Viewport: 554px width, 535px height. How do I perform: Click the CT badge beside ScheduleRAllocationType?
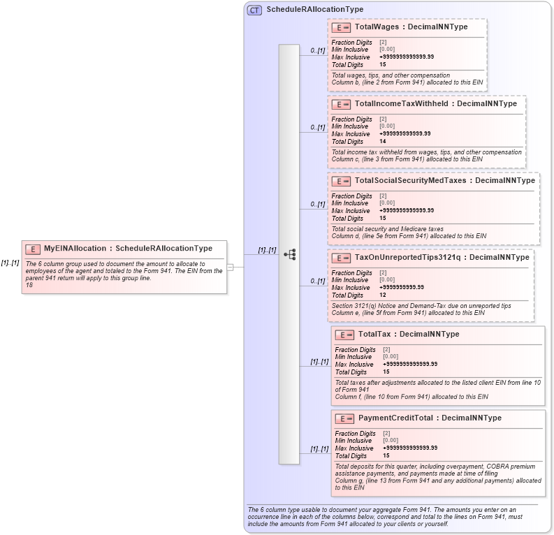click(x=254, y=10)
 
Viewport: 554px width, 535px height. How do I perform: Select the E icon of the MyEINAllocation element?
click(x=33, y=249)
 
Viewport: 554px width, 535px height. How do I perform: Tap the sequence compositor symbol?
click(x=289, y=255)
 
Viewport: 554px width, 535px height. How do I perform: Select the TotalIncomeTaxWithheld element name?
click(x=401, y=104)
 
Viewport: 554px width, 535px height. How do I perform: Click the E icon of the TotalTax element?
click(x=344, y=335)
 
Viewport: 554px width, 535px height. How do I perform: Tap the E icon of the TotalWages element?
click(x=341, y=27)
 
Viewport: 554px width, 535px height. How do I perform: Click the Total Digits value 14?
click(x=383, y=141)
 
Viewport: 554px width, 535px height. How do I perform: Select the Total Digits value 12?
click(x=383, y=295)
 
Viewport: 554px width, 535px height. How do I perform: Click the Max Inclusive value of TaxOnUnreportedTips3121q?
click(x=402, y=287)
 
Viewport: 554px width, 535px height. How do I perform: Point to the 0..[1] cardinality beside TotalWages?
click(x=318, y=51)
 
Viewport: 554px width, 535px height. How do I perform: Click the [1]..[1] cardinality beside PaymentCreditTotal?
click(x=321, y=449)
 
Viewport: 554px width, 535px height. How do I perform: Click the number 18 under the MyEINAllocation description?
click(x=29, y=284)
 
